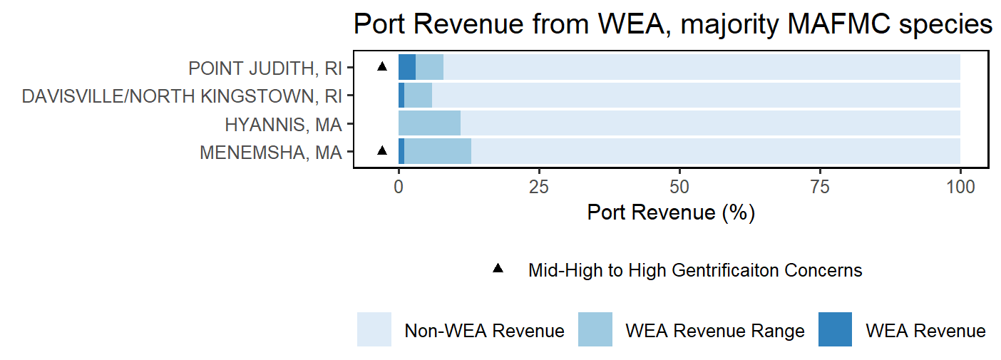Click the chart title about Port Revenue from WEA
coord(673,24)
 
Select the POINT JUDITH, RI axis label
coord(265,68)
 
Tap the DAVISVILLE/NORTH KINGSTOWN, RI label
coord(182,96)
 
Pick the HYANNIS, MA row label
coord(283,125)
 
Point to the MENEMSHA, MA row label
coord(271,153)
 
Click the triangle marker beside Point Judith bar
coord(381,66)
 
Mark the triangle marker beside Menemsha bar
coord(381,150)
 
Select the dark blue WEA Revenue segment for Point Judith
coord(407,67)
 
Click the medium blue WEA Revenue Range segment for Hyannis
coord(429,123)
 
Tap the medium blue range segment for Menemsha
coord(438,151)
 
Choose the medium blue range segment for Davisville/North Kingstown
coord(419,95)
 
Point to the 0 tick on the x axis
coord(399,187)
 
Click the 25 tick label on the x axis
coord(539,187)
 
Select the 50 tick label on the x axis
coord(679,187)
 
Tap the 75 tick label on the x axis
coord(820,187)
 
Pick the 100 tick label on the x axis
coord(960,187)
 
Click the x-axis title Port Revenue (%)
coord(671,212)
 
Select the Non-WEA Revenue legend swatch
coord(374,329)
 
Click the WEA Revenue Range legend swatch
coord(595,329)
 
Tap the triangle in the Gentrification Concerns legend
coord(498,269)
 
